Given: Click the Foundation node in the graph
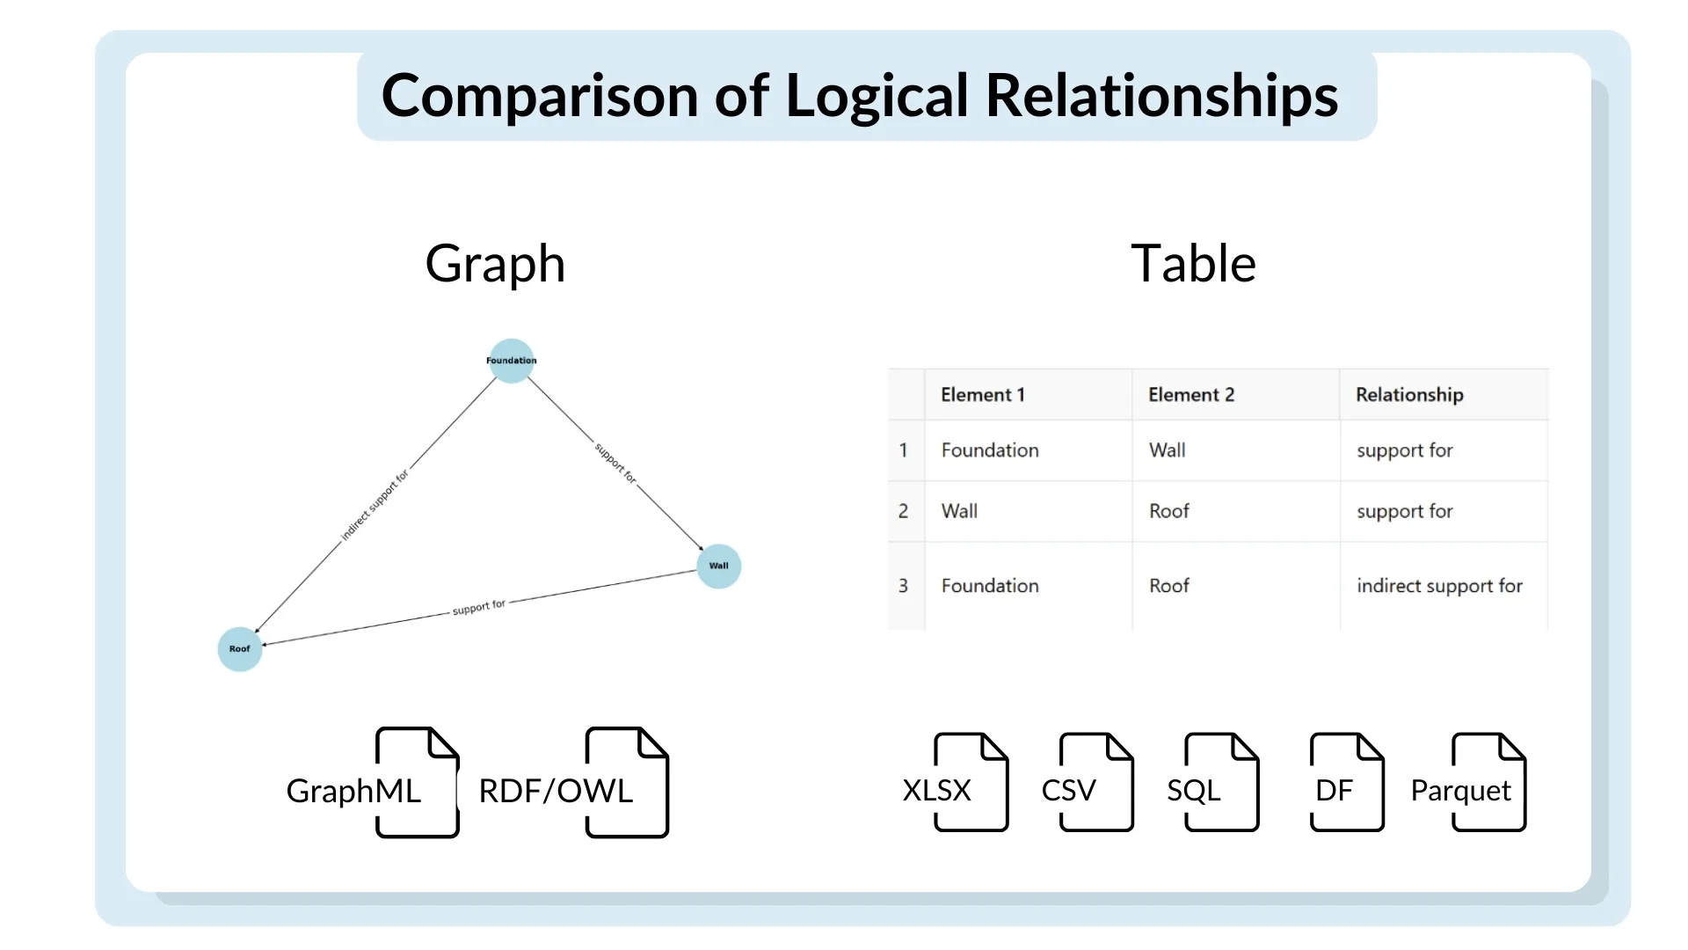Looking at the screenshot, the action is (x=512, y=361).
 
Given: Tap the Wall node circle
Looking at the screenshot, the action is (x=719, y=566).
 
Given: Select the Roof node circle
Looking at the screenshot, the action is (x=240, y=649).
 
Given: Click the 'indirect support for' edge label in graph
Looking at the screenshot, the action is (x=375, y=505).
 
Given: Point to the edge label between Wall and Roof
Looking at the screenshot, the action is (x=479, y=607).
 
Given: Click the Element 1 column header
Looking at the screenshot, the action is (x=983, y=395).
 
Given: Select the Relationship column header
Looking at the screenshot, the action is (x=1409, y=395).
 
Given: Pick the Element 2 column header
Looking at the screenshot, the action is (x=1191, y=395).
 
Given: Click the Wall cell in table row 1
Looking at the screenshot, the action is (x=1168, y=450).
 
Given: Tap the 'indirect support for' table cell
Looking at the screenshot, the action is (x=1439, y=586).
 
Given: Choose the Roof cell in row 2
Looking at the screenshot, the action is (x=1169, y=511).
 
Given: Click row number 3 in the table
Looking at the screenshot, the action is (x=903, y=586).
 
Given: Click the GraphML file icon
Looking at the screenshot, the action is (x=417, y=782).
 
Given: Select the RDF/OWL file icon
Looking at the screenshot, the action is (x=627, y=782).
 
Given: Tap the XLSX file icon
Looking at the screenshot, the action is (x=971, y=782).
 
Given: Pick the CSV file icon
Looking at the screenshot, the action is (x=1096, y=782).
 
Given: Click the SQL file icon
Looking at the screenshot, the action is (x=1222, y=782).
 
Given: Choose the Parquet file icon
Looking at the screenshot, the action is (x=1489, y=782).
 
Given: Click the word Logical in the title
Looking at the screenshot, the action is (x=877, y=96).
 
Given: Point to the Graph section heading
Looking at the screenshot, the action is (x=495, y=264).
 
